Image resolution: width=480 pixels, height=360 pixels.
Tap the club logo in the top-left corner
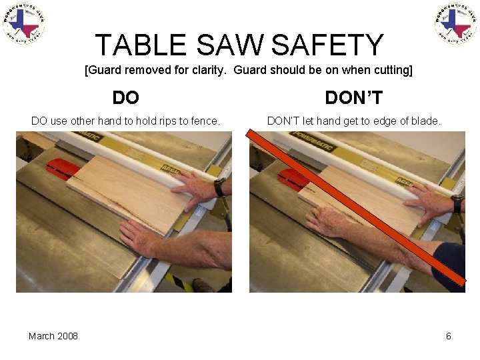tap(23, 23)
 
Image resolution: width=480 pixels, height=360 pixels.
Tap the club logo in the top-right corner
tap(456, 23)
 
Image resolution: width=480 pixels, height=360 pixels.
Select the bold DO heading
tap(125, 98)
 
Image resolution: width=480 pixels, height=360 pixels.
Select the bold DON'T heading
tap(353, 98)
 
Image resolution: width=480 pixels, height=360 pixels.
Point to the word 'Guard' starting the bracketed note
tap(106, 70)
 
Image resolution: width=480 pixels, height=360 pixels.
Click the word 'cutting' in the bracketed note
tap(389, 70)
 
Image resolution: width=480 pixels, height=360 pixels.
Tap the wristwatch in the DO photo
tap(219, 187)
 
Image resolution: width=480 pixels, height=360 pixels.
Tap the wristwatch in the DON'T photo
tap(457, 202)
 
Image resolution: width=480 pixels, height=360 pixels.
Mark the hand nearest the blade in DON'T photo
tap(331, 221)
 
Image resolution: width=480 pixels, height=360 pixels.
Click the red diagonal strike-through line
tap(357, 207)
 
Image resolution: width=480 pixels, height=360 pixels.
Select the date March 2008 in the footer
tap(53, 336)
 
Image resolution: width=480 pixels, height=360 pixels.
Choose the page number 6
tap(448, 336)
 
